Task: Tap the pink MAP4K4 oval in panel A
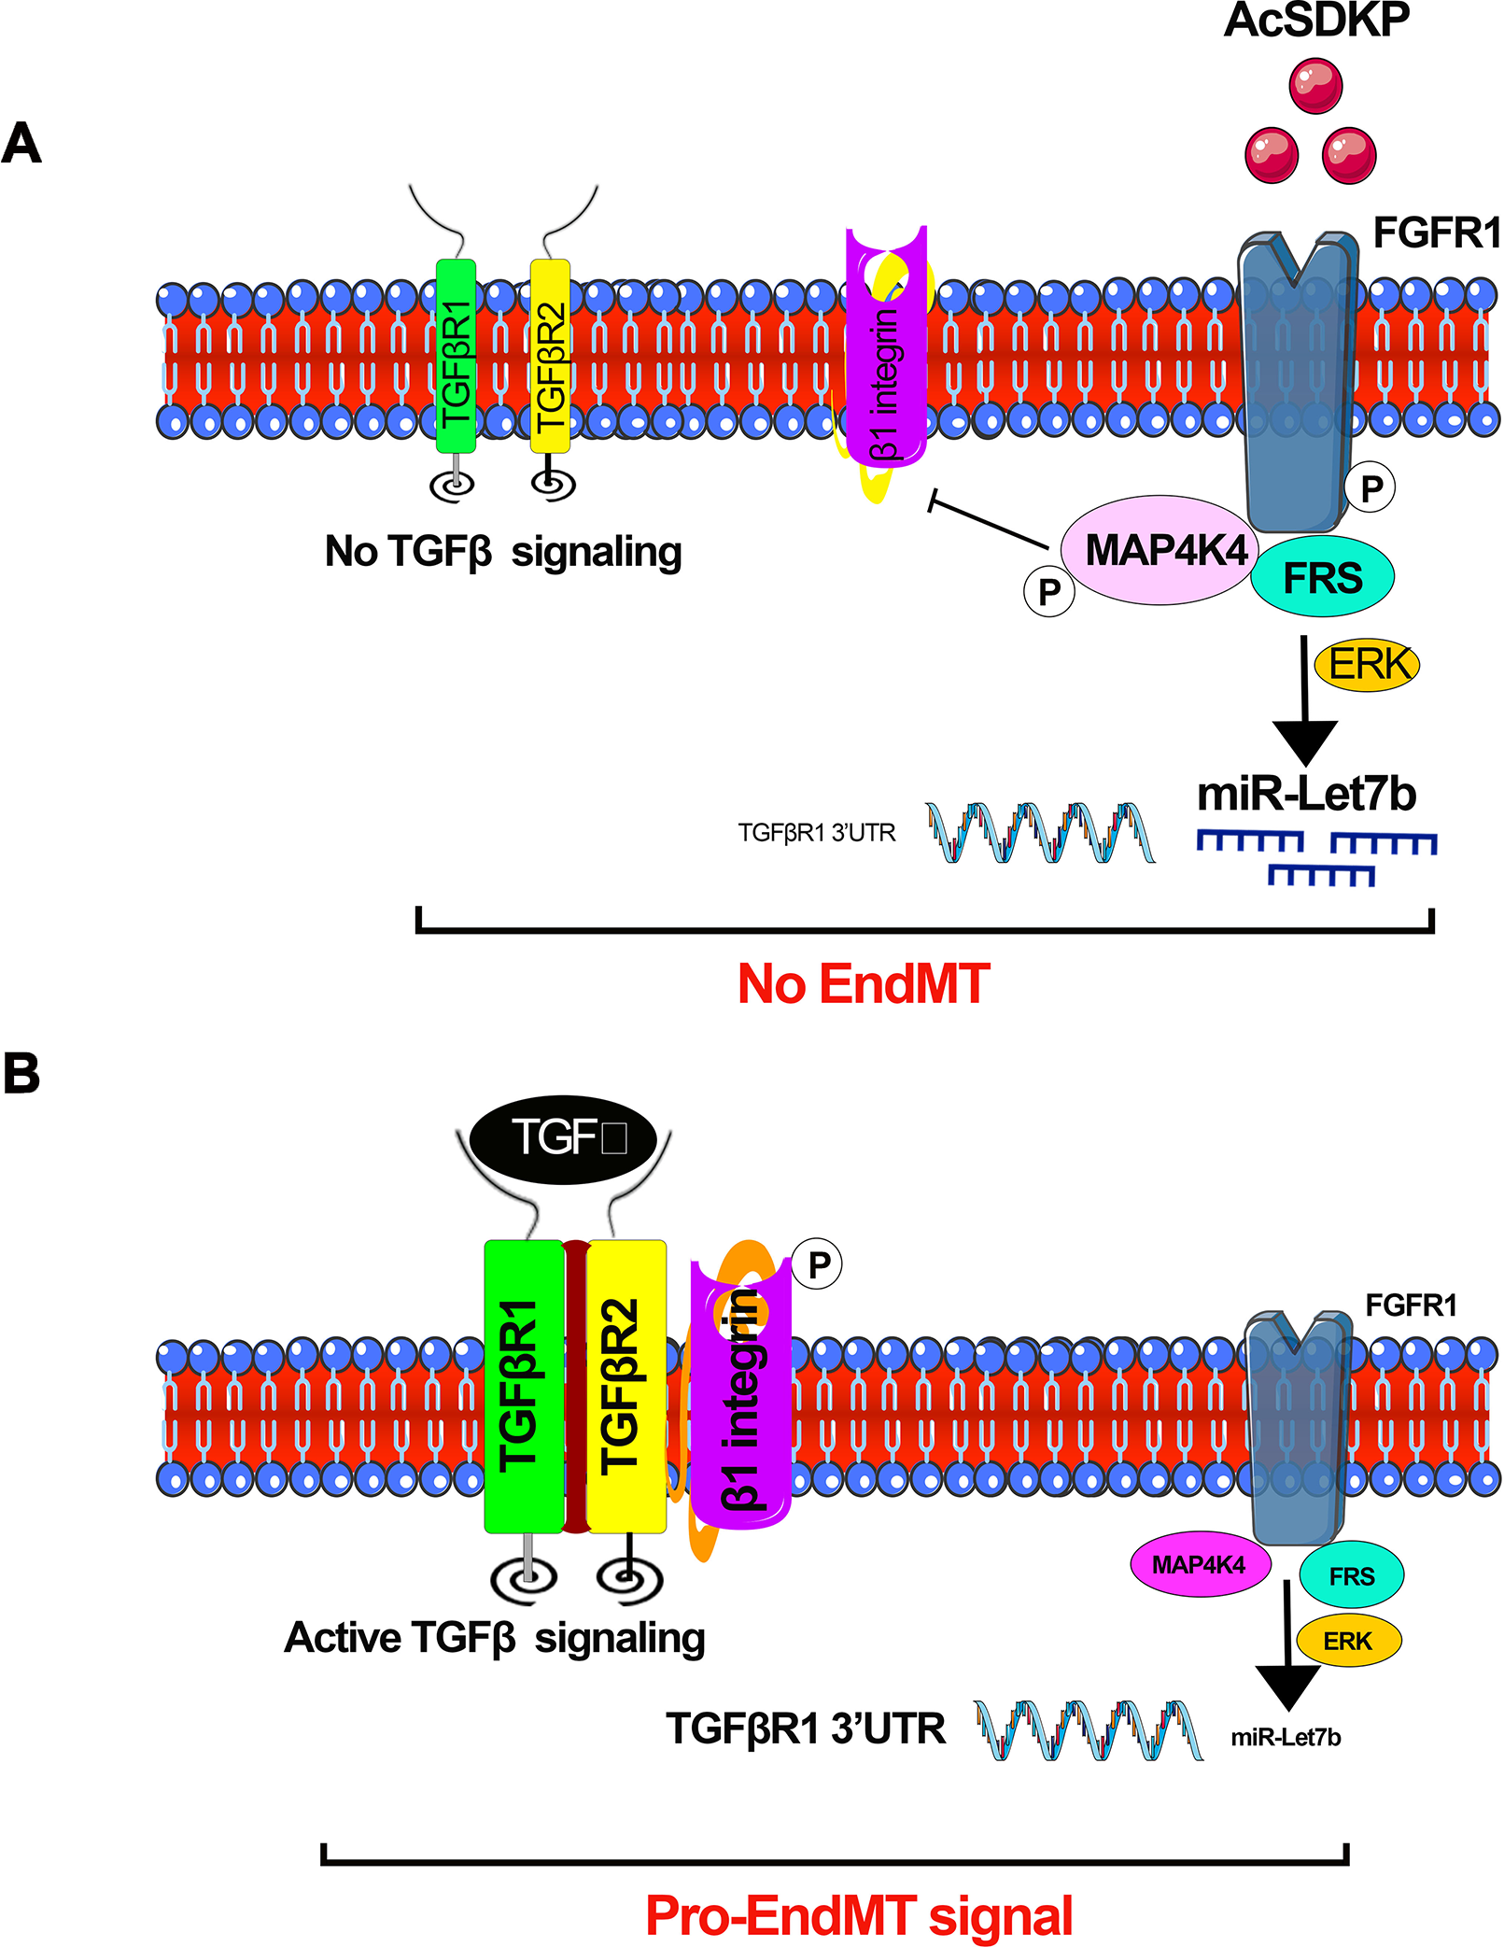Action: (1158, 549)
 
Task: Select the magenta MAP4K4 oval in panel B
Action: (1199, 1563)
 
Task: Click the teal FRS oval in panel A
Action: (1322, 577)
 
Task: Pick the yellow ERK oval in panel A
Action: (1367, 665)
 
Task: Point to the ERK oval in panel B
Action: (1348, 1641)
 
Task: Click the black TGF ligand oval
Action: (563, 1138)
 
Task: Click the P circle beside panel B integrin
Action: (817, 1264)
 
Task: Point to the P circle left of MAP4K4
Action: (1049, 591)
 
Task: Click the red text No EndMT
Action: (863, 983)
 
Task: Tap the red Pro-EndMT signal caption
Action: (858, 1915)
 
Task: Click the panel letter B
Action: (21, 1073)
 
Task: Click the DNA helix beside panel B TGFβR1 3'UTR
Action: (1087, 1729)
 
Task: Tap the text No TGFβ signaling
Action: (503, 551)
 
